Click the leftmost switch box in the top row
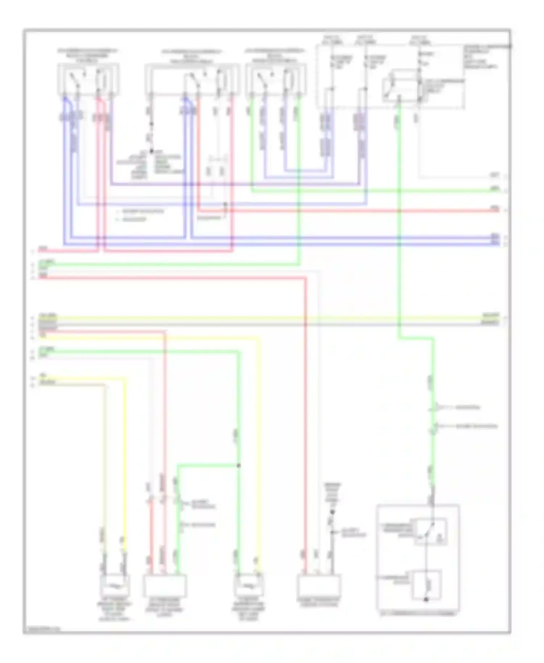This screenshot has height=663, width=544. pos(88,79)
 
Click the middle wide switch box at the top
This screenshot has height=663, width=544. pos(192,79)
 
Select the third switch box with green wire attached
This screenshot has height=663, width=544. pos(276,79)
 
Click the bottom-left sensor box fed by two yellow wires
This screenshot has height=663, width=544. pos(115,585)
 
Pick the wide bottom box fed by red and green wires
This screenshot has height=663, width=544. pos(165,585)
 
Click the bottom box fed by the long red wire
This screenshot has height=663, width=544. pos(319,585)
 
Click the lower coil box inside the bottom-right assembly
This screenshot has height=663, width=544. pos(427,584)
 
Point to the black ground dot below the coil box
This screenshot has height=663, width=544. pos(426,599)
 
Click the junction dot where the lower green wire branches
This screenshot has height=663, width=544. pos(239,465)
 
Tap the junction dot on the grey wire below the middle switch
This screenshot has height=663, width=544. pos(152,151)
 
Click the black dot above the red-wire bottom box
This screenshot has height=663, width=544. pos(332,512)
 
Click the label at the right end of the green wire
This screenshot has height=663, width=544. pos(495,189)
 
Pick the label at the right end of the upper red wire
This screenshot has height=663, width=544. pos(495,208)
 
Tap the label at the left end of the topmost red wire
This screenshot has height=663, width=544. pos(43,249)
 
